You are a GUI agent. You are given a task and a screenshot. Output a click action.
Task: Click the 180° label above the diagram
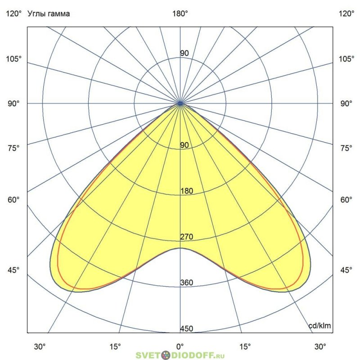[180, 14]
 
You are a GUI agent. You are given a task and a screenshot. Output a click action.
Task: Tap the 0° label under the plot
[180, 347]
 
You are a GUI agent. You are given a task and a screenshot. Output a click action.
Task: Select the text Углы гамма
[49, 14]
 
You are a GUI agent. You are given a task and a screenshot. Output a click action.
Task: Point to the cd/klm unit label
[319, 326]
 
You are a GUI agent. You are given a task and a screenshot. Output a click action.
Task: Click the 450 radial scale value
[187, 329]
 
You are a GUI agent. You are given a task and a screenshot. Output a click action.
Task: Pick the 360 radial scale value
[187, 283]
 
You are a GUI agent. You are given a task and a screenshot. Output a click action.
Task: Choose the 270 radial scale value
[187, 237]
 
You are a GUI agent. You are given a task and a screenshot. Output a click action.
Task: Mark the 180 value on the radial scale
[187, 191]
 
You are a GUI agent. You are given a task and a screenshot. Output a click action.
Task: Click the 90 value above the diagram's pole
[184, 54]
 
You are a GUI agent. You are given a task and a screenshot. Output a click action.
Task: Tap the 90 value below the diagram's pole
[184, 145]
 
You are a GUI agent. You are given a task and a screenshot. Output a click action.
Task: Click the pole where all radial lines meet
[180, 103]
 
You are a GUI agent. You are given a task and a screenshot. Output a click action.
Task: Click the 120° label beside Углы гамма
[13, 14]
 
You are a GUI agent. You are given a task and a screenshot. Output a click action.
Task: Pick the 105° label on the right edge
[346, 59]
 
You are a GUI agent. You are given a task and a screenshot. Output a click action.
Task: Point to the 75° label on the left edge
[13, 148]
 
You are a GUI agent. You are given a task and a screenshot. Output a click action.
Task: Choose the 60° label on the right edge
[346, 200]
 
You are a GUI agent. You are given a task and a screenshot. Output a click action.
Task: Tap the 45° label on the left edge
[13, 270]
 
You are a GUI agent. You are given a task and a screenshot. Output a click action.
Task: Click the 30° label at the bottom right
[320, 347]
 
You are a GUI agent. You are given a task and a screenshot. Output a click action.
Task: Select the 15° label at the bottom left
[116, 347]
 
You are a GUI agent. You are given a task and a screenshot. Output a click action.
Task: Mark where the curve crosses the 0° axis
[180, 248]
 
